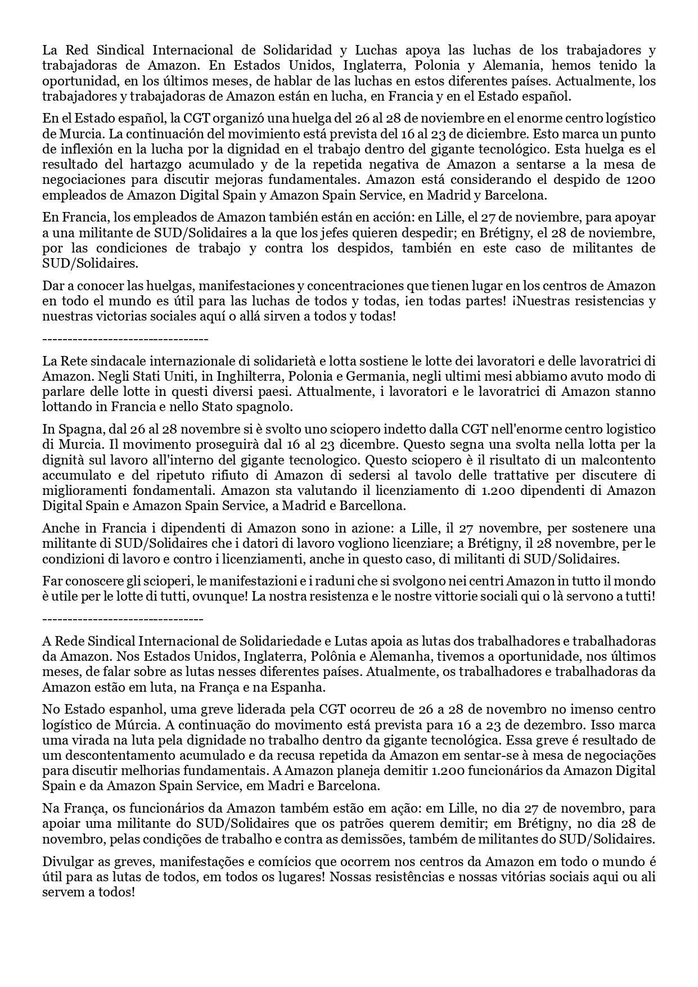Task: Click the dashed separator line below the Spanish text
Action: tap(125, 339)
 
